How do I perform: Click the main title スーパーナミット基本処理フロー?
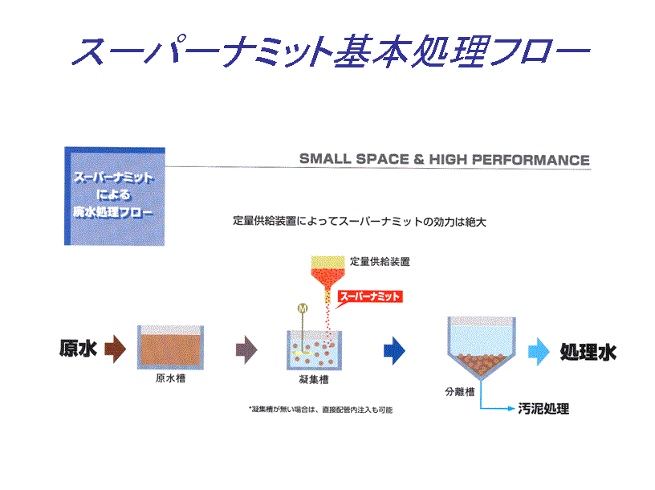pos(330,51)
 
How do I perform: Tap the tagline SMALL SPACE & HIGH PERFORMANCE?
pos(445,159)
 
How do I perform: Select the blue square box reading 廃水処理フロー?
pos(115,196)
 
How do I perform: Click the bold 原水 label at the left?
pos(78,348)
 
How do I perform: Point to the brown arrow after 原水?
pos(116,349)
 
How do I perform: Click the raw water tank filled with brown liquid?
pos(170,348)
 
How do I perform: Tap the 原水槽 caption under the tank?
pos(170,378)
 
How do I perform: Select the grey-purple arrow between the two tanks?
pos(246,349)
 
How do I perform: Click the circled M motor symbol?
pos(303,308)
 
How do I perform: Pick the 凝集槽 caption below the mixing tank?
pos(314,380)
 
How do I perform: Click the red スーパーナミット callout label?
pos(370,296)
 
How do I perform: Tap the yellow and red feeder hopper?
pos(328,276)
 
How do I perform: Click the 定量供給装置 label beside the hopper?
pos(380,262)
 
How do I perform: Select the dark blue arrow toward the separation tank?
pos(394,350)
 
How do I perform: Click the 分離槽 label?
pos(460,392)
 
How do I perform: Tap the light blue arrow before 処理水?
pos(539,352)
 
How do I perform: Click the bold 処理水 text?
pos(588,352)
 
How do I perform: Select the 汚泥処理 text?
pos(543,409)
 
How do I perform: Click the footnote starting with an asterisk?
pos(321,410)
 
